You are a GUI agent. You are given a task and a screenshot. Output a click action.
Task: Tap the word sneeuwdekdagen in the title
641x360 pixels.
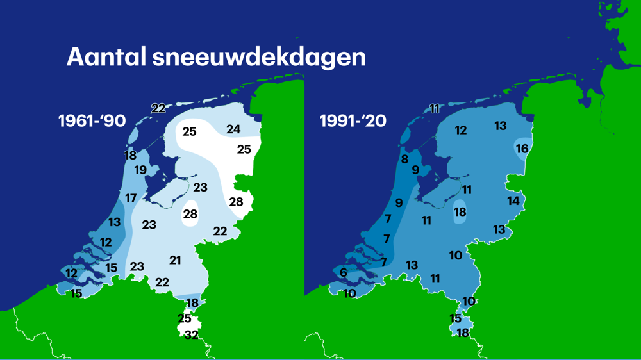[x=259, y=58]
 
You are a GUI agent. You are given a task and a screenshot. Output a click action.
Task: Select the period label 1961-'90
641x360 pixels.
[x=92, y=120]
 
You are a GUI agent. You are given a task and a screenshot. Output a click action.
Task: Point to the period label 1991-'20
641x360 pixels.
[x=353, y=120]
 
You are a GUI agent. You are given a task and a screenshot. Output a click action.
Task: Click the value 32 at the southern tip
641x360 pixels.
[x=191, y=334]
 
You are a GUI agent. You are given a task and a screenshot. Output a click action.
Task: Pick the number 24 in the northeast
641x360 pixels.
[x=233, y=129]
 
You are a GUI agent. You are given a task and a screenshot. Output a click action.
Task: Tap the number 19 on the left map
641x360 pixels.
[x=140, y=170]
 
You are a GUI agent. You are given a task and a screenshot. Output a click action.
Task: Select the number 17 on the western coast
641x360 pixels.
[x=131, y=199]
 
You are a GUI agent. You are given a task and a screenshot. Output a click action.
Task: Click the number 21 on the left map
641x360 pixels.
[x=176, y=259]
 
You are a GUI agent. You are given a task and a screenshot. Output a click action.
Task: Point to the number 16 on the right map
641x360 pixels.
[x=522, y=149]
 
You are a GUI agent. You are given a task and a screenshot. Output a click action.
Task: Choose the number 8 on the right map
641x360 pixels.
[x=404, y=159]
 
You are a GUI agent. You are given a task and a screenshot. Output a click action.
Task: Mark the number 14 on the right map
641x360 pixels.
[x=513, y=201]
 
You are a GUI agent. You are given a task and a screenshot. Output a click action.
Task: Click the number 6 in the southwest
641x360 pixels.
[x=344, y=273]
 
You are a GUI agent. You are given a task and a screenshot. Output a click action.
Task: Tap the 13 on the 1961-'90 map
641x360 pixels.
[x=114, y=222]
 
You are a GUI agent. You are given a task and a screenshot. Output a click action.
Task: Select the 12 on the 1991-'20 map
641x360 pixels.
[x=460, y=131]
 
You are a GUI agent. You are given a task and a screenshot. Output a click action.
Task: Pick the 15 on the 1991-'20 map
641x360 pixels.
[x=456, y=318]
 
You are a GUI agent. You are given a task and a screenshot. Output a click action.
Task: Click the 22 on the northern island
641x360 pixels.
[x=158, y=108]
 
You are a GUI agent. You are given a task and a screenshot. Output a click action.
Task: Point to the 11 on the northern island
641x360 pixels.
[x=435, y=109]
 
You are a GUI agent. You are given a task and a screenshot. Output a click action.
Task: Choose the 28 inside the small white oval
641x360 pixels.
[x=190, y=214]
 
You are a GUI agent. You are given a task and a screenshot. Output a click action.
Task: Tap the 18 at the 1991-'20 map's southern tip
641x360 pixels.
[x=462, y=332]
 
